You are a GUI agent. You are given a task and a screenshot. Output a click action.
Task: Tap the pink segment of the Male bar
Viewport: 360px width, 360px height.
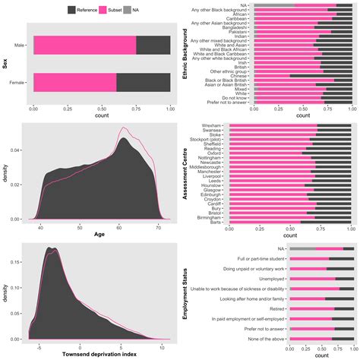pyautogui.click(x=84, y=45)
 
